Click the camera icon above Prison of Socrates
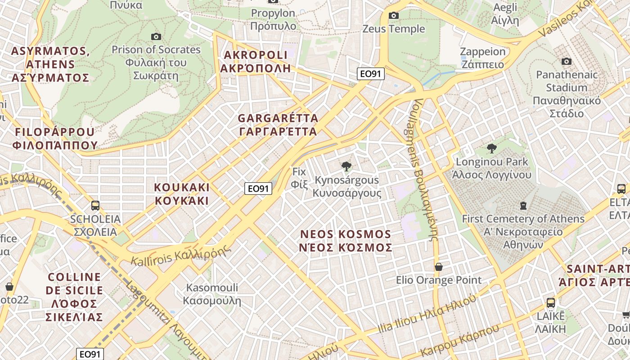(x=156, y=36)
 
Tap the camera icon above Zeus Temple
(x=394, y=16)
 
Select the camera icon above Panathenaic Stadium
(x=567, y=61)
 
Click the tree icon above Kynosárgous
(x=346, y=166)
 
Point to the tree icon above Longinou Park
(x=492, y=148)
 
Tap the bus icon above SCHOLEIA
(x=95, y=206)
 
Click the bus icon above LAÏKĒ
(x=550, y=302)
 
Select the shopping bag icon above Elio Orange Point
(x=439, y=267)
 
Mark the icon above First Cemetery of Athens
(x=523, y=206)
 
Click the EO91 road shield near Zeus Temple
(x=371, y=74)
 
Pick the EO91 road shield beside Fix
(x=258, y=189)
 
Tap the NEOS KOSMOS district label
(x=346, y=241)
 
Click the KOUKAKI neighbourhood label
(x=182, y=194)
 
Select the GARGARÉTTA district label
(x=278, y=125)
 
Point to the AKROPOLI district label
(x=255, y=62)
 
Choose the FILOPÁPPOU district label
(x=55, y=139)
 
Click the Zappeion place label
(x=483, y=58)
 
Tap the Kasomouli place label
(x=212, y=294)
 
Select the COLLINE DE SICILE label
(x=74, y=297)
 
